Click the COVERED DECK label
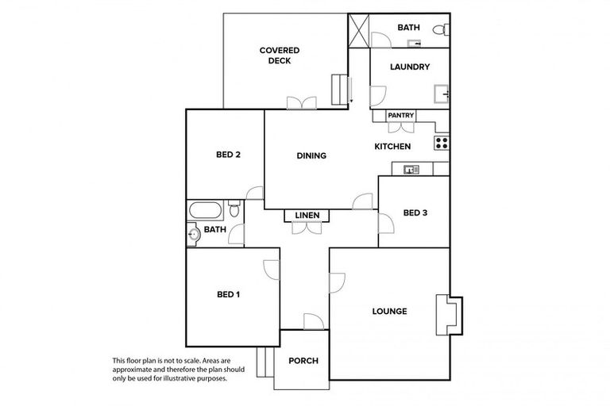coord(279,56)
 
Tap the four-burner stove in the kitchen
coord(442,144)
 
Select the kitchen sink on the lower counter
coord(411,169)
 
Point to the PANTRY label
coord(400,116)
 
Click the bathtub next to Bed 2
coord(206,212)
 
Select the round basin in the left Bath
coord(193,234)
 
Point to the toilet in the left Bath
coord(234,210)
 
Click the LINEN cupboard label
coord(307,216)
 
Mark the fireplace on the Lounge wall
coord(449,314)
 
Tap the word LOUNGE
coord(389,312)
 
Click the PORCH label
coord(303,361)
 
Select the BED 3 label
coord(415,213)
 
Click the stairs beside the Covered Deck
coord(341,89)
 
